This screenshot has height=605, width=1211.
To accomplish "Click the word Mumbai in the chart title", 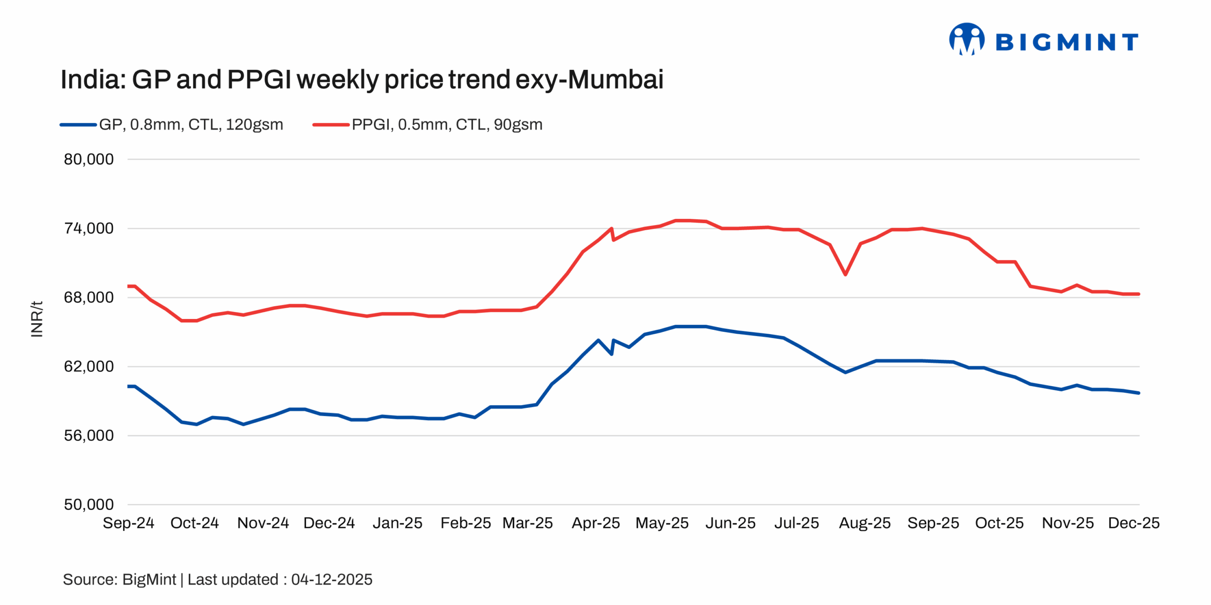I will click(615, 79).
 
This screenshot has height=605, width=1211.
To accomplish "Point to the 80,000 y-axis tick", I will click(89, 159).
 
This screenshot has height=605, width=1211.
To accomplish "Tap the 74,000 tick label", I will click(89, 228).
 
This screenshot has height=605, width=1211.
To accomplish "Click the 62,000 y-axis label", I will click(89, 366).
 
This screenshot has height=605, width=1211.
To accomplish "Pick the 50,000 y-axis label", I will click(89, 504).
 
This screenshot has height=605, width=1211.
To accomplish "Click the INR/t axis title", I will click(37, 319).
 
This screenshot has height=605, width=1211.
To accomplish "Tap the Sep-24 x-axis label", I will click(128, 523).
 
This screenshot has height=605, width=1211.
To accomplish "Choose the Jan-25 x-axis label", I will click(397, 523).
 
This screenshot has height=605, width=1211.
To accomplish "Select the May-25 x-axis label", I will click(662, 523).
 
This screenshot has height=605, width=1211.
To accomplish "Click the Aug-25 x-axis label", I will click(864, 523).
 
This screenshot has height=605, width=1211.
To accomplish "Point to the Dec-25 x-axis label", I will click(1133, 523).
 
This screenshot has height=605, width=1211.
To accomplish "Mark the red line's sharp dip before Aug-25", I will click(845, 274).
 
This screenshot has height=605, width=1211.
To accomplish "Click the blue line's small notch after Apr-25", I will click(612, 354).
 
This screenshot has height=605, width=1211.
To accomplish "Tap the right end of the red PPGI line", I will click(1138, 294).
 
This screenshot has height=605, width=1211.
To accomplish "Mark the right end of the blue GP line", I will click(1138, 393).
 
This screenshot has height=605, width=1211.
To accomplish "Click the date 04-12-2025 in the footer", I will click(332, 579).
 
